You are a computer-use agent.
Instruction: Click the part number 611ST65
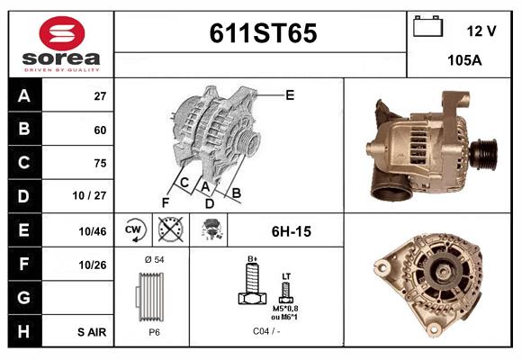pos(263,33)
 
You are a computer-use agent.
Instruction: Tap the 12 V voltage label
pos(481,31)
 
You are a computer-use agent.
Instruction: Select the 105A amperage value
pos(464,61)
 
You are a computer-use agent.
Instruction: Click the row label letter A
pos(23,94)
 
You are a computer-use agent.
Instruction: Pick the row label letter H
pos(23,331)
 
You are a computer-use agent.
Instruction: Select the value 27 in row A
pos(100,95)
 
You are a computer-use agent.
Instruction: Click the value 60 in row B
pos(100,130)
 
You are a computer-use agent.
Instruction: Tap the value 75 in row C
pos(100,163)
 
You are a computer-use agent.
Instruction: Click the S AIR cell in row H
pos(92,332)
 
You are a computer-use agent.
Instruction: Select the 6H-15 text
pos(291,231)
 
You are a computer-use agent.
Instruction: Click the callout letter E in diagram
pos(290,94)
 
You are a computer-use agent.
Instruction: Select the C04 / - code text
pos(266,331)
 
